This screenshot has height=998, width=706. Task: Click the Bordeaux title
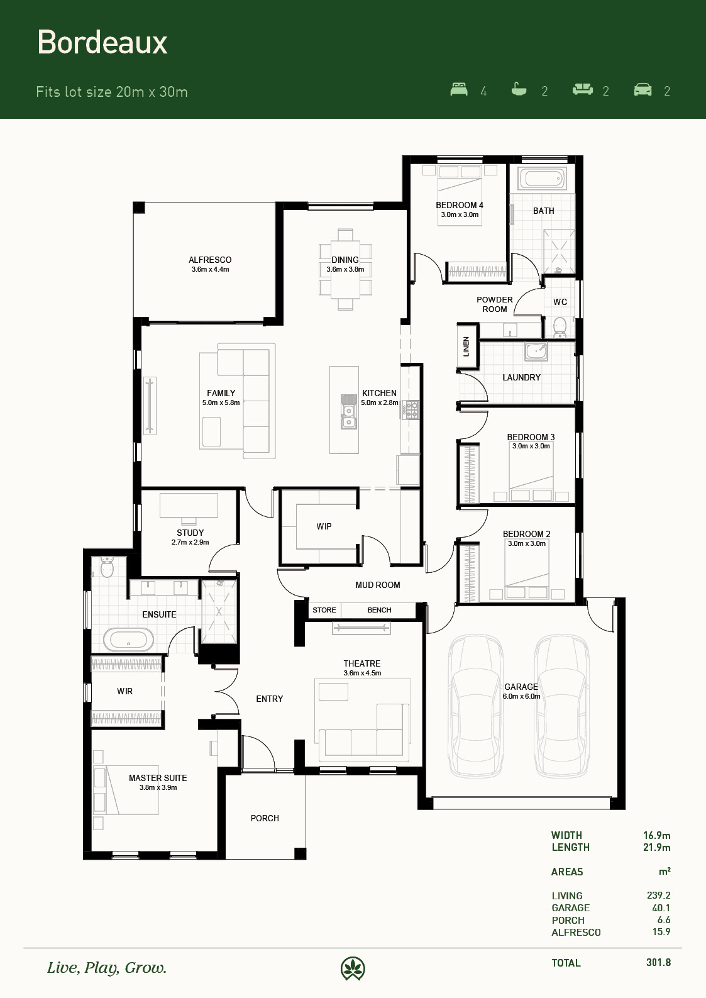102,42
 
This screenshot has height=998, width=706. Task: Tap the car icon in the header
643,89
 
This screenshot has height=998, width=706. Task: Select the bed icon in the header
459,89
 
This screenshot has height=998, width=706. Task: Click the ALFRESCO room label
210,260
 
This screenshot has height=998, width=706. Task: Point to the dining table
345,269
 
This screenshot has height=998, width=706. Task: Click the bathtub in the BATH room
542,179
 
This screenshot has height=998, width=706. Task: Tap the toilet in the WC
560,327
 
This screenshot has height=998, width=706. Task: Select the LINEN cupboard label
466,346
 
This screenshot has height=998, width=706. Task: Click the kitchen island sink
349,412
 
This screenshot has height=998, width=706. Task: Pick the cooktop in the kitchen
411,410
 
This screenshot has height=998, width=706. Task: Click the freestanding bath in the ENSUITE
128,640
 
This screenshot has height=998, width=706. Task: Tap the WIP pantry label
324,526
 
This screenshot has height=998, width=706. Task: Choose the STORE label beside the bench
324,610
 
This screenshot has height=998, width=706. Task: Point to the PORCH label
265,818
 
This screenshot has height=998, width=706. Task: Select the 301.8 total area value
658,962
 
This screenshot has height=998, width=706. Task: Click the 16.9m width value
656,835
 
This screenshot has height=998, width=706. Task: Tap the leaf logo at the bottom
353,968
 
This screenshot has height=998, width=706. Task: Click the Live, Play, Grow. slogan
107,968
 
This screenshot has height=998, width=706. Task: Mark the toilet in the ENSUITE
107,567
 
